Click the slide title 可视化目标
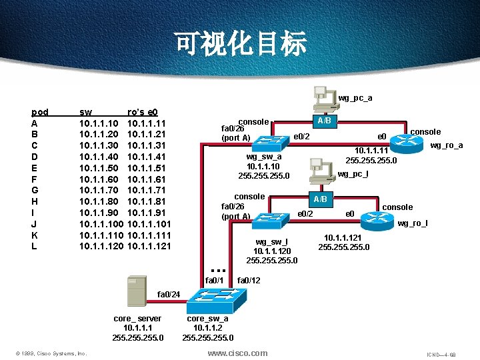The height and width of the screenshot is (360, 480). [x=241, y=43]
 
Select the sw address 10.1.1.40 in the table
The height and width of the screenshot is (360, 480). [x=99, y=157]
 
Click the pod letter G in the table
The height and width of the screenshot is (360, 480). [x=35, y=190]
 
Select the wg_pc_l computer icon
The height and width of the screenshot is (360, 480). [x=322, y=174]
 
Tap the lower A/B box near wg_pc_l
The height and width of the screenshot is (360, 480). [x=321, y=199]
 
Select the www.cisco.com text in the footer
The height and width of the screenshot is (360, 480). [x=237, y=353]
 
